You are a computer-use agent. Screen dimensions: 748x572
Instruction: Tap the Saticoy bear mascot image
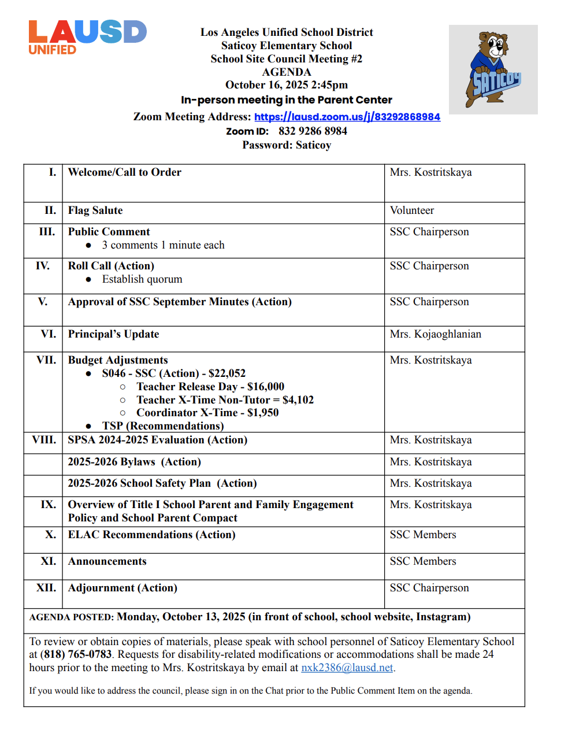point(493,69)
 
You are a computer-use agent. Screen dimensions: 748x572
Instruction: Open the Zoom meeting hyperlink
point(347,117)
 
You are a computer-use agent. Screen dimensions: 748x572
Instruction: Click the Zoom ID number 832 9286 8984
point(313,131)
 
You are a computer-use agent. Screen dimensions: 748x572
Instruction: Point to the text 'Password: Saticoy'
point(287,145)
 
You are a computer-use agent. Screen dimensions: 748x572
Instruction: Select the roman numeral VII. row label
point(46,360)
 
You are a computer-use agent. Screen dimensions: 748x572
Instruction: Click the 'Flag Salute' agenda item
point(95,210)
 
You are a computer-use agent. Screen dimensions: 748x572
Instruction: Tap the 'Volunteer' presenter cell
point(412,210)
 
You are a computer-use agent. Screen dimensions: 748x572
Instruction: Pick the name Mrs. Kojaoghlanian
point(435,334)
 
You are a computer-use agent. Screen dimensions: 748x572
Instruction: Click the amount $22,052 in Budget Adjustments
point(227,373)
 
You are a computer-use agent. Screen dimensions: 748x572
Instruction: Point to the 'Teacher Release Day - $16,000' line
point(210,387)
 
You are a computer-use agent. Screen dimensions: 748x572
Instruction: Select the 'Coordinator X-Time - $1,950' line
point(207,413)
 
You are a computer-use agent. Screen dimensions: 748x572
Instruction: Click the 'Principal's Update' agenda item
point(113,334)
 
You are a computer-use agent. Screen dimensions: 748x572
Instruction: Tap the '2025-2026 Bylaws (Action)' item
point(135,462)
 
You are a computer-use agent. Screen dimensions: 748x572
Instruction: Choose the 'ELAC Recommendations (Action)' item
point(152,535)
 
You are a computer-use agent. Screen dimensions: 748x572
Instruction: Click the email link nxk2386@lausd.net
point(347,668)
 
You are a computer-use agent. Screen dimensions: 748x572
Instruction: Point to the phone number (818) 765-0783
point(76,654)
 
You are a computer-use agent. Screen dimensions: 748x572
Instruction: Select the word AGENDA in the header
point(287,72)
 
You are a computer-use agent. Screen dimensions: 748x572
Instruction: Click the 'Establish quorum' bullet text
point(142,279)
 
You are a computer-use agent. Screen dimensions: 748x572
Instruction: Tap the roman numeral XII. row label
point(46,588)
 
